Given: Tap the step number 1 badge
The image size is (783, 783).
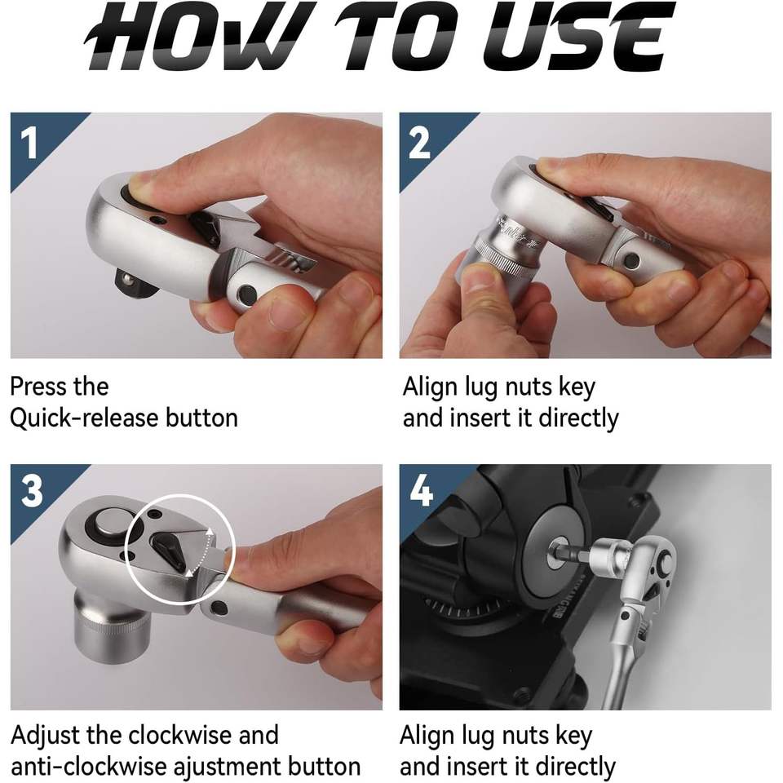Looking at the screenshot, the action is click(x=30, y=143).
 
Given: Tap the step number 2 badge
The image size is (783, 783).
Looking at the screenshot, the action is click(x=419, y=143).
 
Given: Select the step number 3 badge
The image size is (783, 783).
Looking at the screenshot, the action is click(x=32, y=491).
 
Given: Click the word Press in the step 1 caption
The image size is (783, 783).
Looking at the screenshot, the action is click(x=38, y=387).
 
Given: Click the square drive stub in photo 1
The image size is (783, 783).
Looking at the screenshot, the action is click(x=132, y=283).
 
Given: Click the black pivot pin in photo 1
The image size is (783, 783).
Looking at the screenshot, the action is click(x=247, y=294).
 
